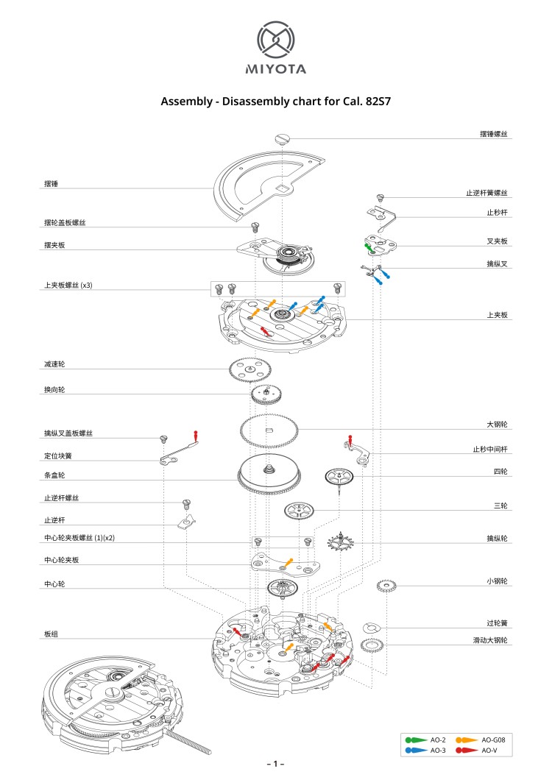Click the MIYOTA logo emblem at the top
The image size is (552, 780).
pos(275,40)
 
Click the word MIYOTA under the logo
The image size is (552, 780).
pos(275,70)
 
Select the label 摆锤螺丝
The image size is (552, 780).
pos(493,135)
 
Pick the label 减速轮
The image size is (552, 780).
pos(54,364)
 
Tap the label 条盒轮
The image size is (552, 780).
pos(54,475)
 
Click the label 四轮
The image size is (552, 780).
pos(500,471)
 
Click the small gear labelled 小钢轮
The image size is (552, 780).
pos(387,586)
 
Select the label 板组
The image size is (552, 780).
pos(51,634)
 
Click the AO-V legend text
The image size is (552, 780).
pos(490,750)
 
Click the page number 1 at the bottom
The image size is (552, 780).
pos(275,765)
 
